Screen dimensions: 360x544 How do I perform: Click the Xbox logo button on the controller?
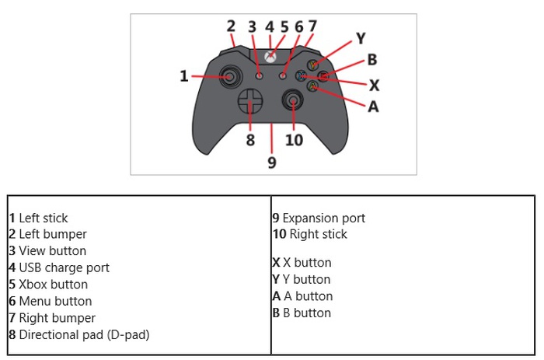pos(270,57)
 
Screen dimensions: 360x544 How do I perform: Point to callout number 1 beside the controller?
pos(184,76)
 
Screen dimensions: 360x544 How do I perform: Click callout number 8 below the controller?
pos(250,140)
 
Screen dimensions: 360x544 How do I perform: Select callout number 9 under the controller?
pos(272,162)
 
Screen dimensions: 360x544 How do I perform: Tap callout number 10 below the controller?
pos(294,140)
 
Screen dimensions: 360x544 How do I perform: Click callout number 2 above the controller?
pos(231,26)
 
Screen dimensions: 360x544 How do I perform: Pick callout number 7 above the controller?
pos(312,26)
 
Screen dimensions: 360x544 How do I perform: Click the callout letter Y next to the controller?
pos(361,37)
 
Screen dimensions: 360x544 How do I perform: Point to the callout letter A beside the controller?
pos(373,107)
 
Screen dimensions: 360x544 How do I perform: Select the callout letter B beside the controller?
pos(372,59)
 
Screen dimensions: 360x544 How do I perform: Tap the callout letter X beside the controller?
pos(374,84)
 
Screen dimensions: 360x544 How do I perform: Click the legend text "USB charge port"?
pos(64,267)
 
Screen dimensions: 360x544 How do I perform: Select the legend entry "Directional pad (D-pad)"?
pos(83,335)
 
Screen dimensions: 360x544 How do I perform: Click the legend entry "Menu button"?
pos(55,301)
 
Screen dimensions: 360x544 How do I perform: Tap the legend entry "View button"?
pos(52,251)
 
